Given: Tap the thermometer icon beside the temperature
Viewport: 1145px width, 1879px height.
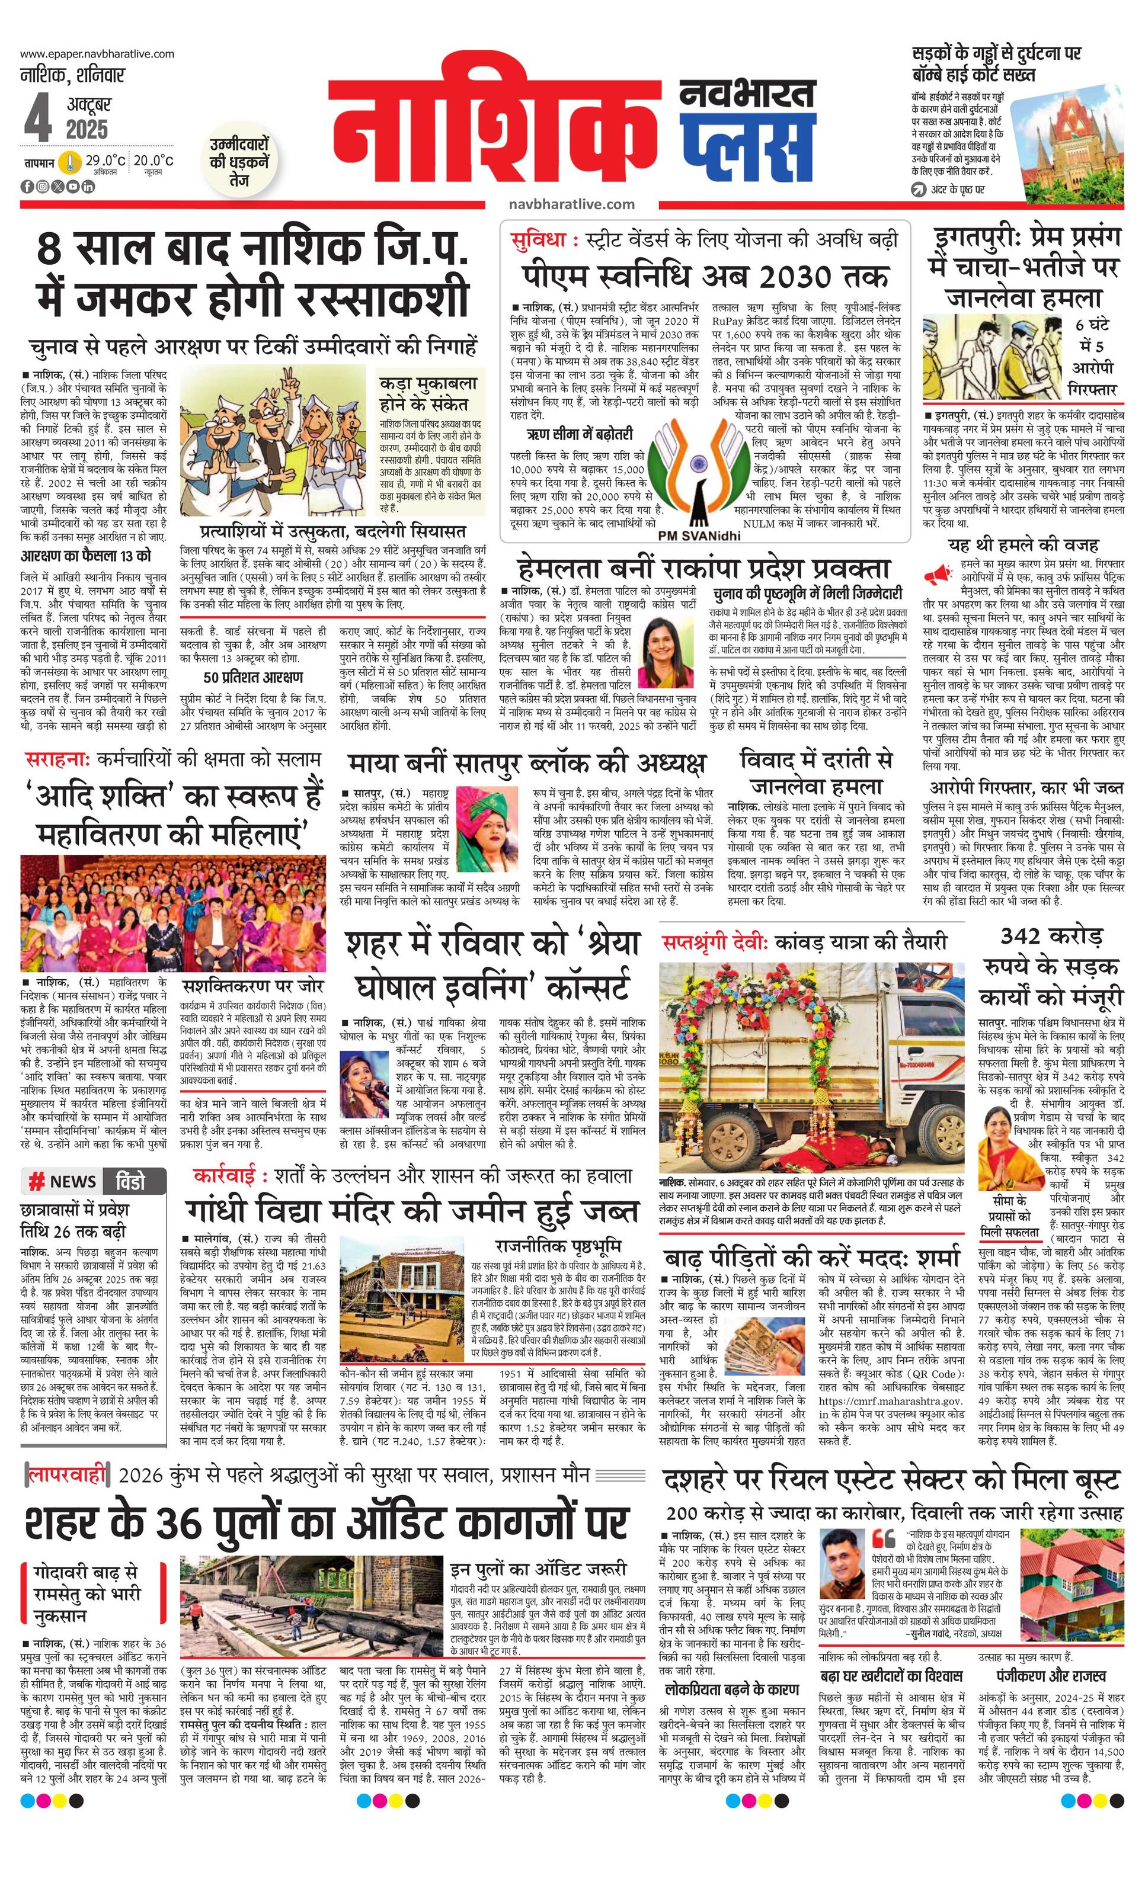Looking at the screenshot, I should (71, 162).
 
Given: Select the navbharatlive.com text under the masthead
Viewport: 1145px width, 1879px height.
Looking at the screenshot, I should (571, 204).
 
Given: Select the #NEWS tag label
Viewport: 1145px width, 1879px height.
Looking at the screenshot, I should (63, 1182).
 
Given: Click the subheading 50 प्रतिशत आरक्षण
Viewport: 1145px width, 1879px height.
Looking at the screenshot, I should (252, 677).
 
